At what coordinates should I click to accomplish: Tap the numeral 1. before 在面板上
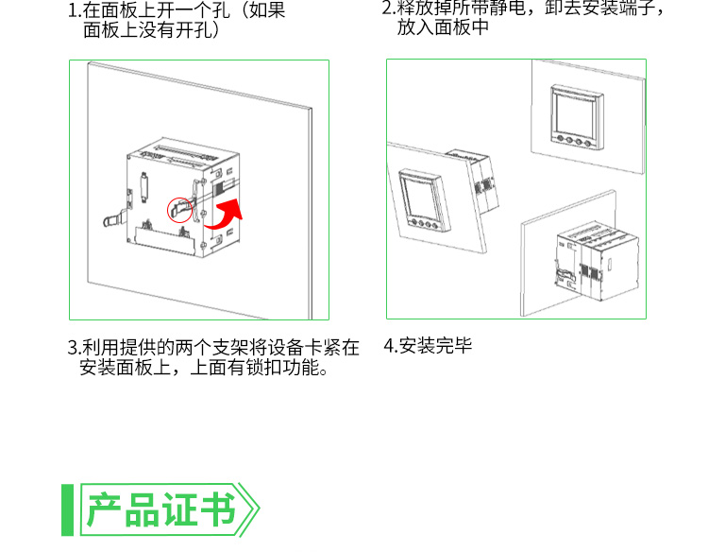click(x=74, y=10)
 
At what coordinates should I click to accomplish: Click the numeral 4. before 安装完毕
click(x=390, y=346)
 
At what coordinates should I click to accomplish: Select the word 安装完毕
click(x=435, y=346)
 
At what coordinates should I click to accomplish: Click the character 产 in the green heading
click(x=104, y=510)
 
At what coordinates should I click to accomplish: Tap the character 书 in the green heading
click(x=218, y=510)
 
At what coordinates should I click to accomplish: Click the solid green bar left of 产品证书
click(x=67, y=510)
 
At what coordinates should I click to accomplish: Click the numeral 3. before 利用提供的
click(x=74, y=348)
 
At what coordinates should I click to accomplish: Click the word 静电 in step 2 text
click(x=508, y=8)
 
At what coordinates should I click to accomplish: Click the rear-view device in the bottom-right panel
click(x=597, y=261)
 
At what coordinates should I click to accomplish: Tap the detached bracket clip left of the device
click(x=114, y=220)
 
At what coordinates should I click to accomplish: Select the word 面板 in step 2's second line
click(x=452, y=27)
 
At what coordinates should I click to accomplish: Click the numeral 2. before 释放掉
click(x=388, y=9)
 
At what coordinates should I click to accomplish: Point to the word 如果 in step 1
click(x=267, y=10)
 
